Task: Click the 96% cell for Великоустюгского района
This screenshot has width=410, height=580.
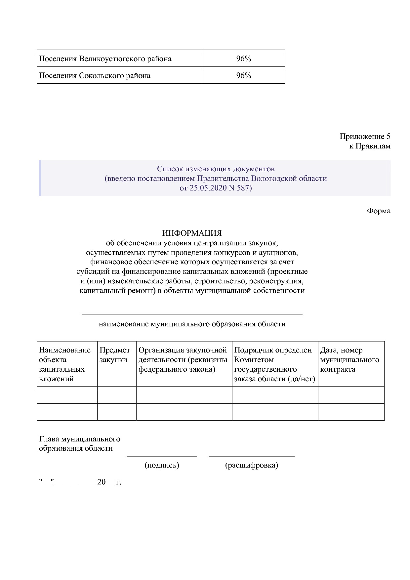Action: [243, 59]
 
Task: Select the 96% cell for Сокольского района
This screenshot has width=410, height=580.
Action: [243, 75]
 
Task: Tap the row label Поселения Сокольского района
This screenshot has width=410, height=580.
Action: [95, 75]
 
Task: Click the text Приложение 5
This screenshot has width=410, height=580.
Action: [365, 136]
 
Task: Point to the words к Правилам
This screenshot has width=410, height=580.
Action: [370, 146]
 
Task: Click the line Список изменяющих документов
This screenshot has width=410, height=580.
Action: [216, 169]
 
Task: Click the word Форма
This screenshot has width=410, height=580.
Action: [379, 211]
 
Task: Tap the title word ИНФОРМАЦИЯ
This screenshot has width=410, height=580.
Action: [192, 233]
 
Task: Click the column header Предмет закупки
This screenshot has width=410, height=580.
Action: [115, 355]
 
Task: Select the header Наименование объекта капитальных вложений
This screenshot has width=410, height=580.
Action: [65, 364]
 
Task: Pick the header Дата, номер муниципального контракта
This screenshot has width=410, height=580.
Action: [349, 360]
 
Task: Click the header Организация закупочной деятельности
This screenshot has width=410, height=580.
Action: [183, 360]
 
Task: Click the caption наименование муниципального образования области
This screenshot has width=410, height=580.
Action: [192, 324]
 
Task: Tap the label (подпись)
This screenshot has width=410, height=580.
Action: [162, 465]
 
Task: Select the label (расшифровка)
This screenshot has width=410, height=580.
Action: [251, 465]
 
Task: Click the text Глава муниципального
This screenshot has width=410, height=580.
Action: [79, 439]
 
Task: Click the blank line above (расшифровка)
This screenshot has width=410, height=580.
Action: [251, 456]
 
